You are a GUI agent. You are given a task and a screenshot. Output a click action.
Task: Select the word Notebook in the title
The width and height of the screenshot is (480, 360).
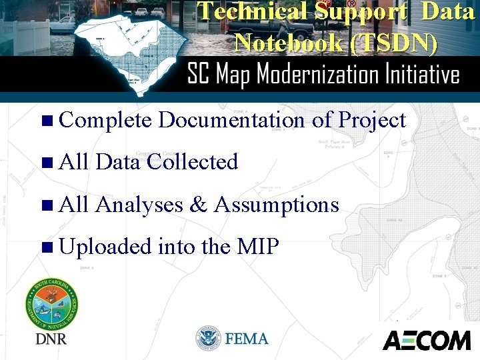(283, 43)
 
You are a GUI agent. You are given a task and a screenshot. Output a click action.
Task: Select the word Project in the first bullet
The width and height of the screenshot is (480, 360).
(372, 121)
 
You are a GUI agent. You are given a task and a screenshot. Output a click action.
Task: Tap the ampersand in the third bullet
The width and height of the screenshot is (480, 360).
(198, 205)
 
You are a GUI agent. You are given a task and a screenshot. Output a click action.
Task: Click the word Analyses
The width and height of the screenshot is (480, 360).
(139, 205)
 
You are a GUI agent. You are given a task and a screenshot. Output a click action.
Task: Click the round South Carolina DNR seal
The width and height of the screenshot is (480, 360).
(51, 304)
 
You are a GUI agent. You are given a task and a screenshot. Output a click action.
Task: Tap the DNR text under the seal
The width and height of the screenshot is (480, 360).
(51, 339)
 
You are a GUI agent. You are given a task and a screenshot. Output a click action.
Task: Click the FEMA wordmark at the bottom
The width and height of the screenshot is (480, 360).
(247, 339)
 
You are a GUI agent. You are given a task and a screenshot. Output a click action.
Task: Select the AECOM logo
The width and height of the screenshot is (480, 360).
(426, 340)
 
